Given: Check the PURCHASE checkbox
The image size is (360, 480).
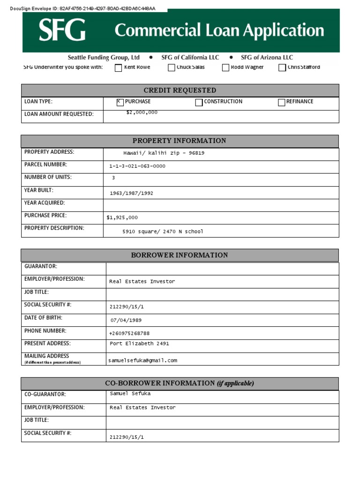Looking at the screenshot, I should coord(120,102).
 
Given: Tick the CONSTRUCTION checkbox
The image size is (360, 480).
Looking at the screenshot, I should coord(199,102).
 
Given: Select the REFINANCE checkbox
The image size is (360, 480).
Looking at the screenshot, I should coord(281,102).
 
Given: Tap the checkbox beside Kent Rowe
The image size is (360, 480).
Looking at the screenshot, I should coord(118,67).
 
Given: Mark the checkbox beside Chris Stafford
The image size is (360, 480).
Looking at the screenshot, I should coord(282,67).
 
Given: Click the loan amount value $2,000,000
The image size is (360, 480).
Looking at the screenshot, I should coord(142,112).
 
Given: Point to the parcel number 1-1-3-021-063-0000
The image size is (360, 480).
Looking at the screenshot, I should coord(137,166).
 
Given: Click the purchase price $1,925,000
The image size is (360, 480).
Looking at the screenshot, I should coord(122,217).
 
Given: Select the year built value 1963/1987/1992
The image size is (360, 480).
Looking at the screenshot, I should coord(131,193).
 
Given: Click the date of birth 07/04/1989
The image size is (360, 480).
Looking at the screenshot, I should coord(126,321).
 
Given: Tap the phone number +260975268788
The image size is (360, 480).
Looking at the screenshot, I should coord(129,333).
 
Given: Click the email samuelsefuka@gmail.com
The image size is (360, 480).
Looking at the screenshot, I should coord(142,360).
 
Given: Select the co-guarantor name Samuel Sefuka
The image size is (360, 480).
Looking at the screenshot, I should coord(130,394).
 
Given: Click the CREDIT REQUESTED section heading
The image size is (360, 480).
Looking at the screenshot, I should coord(180,90).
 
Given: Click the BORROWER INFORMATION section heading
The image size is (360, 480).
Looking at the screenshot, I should coord(180,255).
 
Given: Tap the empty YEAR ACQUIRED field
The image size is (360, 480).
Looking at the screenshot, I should coord(220,205).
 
